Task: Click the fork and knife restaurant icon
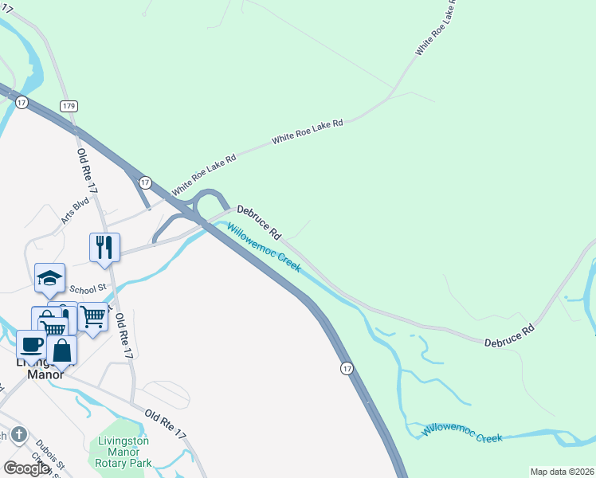104,247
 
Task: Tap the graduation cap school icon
50,278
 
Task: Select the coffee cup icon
31,345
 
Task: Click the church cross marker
20,435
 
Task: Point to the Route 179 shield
69,106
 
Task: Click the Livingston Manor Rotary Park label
124,451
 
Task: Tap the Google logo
26,468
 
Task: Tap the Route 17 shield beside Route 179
22,103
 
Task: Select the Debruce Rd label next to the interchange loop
260,223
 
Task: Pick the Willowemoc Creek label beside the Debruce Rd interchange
264,247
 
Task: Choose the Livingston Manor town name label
44,367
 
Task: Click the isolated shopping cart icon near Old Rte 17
93,318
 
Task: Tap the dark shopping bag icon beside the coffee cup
61,350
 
